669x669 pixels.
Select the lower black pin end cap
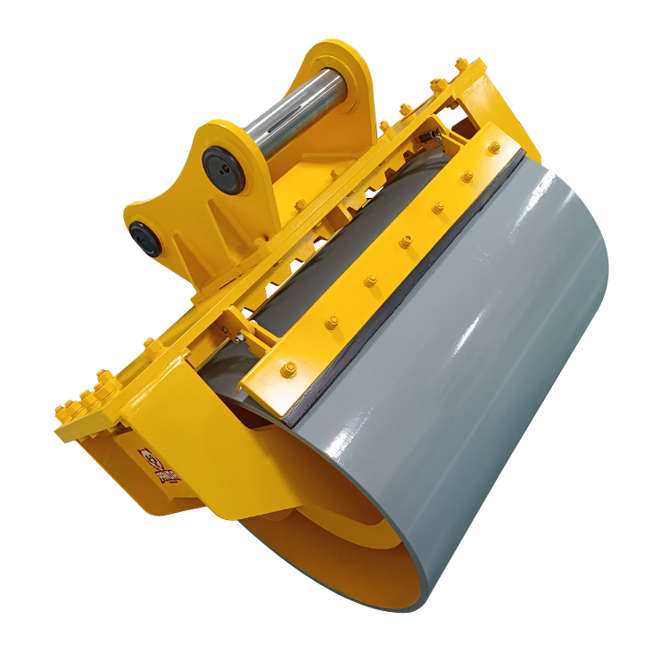(x=146, y=238)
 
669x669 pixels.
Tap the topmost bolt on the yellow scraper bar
(x=492, y=148)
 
